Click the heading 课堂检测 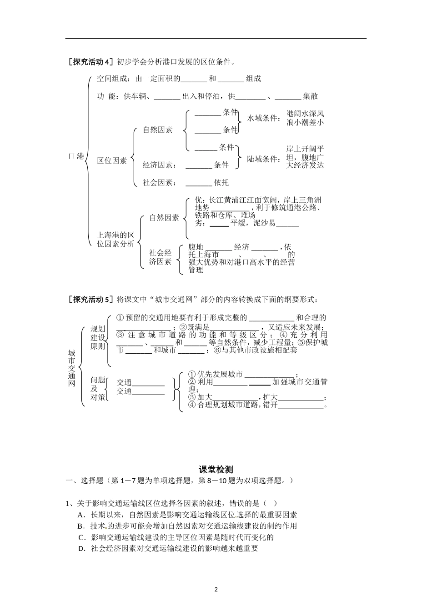(216, 470)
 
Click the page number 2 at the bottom (216, 590)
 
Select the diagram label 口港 (76, 156)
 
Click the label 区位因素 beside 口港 (112, 160)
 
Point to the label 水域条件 (262, 118)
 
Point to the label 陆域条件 (262, 159)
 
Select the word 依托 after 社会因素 (221, 182)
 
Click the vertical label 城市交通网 (72, 368)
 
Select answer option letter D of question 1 (81, 548)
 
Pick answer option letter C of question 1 (81, 537)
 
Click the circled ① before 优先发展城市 (192, 374)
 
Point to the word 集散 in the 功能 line (311, 96)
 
